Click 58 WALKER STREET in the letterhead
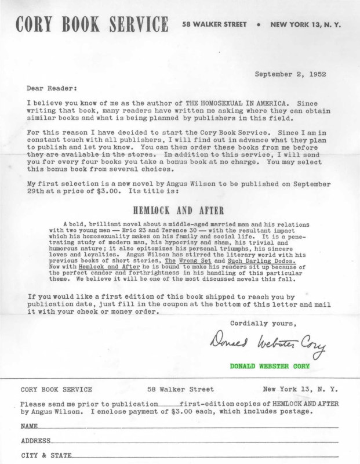point(214,26)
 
